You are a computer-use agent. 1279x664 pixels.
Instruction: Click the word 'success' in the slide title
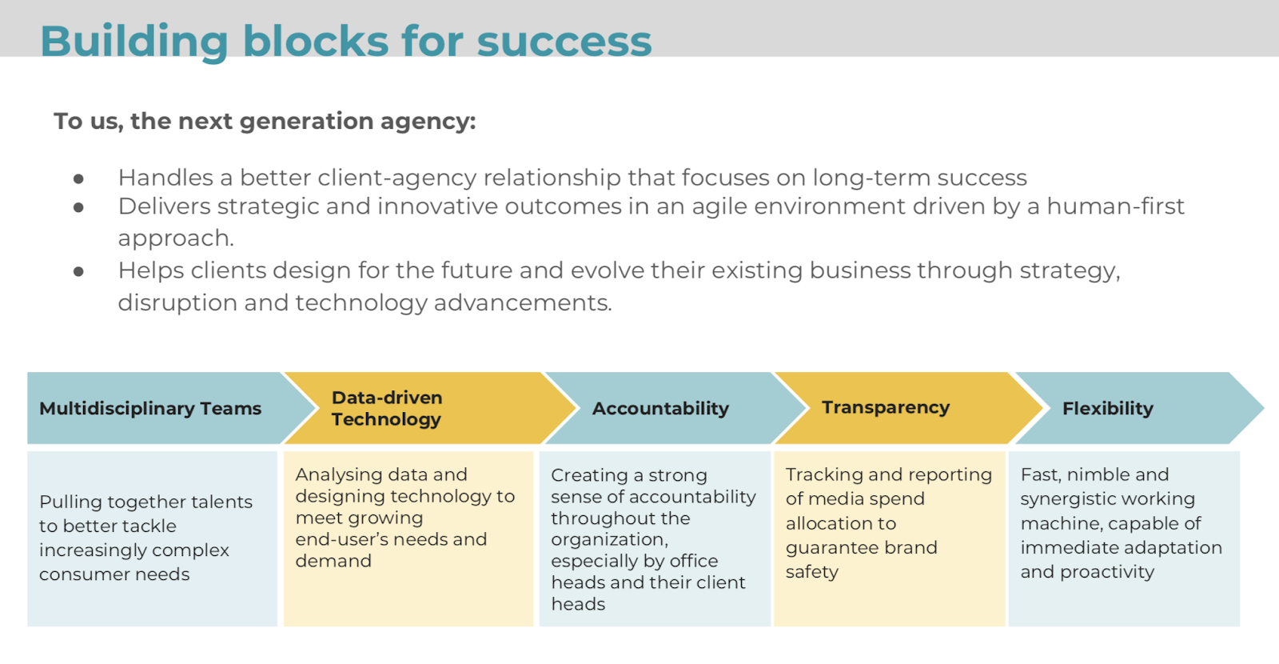click(x=564, y=42)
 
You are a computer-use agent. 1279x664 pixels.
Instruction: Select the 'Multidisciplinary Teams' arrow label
click(x=150, y=409)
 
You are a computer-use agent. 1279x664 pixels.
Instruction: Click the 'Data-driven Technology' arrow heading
click(x=387, y=408)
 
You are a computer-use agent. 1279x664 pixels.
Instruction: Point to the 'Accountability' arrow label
click(x=660, y=409)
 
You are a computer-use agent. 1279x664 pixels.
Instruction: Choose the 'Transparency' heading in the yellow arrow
click(x=886, y=407)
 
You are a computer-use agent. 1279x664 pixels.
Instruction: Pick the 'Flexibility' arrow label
click(x=1108, y=409)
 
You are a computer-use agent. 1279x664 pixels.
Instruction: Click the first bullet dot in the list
click(x=79, y=179)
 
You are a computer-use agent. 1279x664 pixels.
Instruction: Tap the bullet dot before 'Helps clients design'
click(x=79, y=271)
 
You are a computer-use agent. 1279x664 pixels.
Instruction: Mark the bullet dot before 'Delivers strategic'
click(x=79, y=207)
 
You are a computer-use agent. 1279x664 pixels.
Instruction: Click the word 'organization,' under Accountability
click(x=610, y=540)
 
